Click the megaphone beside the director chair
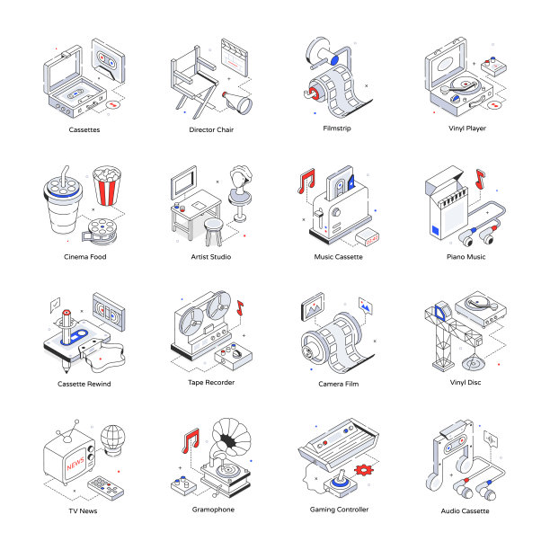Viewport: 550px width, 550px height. coord(237,102)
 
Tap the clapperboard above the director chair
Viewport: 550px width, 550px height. coord(235,58)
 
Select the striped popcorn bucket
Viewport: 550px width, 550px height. coord(107,185)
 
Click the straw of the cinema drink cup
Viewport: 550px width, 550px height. coord(65,176)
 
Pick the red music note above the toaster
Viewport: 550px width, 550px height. coord(306,181)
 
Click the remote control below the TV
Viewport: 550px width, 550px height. coord(105,488)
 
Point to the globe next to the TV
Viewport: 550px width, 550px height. coord(112,439)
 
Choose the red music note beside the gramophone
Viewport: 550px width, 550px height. coord(191,440)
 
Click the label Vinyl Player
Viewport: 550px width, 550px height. coord(467,129)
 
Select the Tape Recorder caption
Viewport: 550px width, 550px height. coord(211,382)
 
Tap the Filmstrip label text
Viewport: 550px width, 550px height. coord(337,129)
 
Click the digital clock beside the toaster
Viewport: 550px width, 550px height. coord(367,236)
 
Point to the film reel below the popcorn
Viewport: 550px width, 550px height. coord(100,231)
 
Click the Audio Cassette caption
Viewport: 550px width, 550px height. coord(466,511)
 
